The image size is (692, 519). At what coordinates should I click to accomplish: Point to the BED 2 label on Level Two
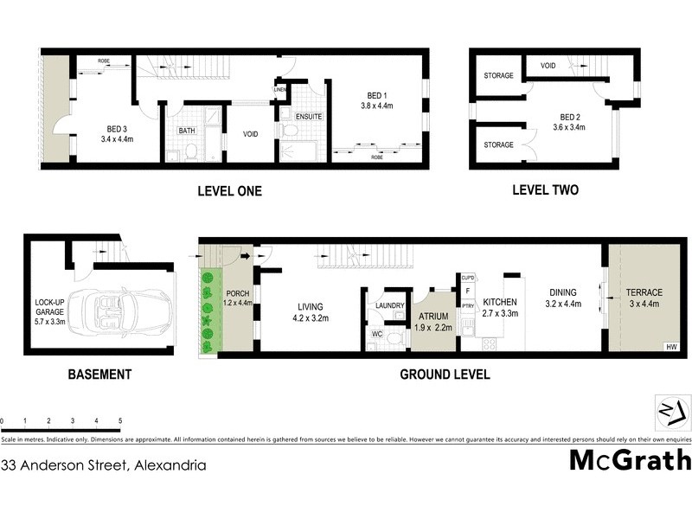tap(568, 118)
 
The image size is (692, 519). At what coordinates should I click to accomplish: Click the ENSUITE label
tap(309, 116)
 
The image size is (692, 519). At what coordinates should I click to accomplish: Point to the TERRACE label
tap(644, 292)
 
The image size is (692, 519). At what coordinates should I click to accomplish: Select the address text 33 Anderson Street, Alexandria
tap(104, 465)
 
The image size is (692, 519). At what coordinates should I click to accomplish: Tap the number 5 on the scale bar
tap(119, 420)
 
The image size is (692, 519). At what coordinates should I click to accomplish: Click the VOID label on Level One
tap(252, 135)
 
